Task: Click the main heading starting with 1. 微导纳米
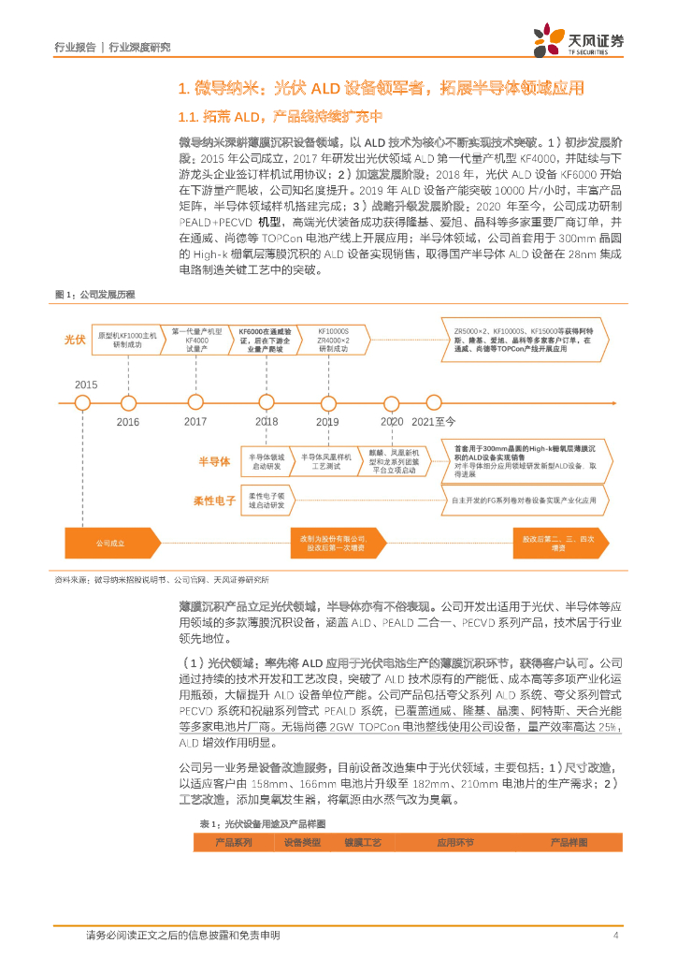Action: (x=381, y=88)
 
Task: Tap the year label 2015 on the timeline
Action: (x=86, y=385)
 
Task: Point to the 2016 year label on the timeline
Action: (x=128, y=422)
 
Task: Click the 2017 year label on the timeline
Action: (x=195, y=422)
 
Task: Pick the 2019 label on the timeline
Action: (x=327, y=422)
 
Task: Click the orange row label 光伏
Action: (x=75, y=340)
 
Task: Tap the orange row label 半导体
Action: (x=213, y=462)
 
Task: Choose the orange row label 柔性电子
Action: (x=214, y=501)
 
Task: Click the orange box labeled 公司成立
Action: (x=110, y=544)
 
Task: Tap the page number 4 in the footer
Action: (x=615, y=935)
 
